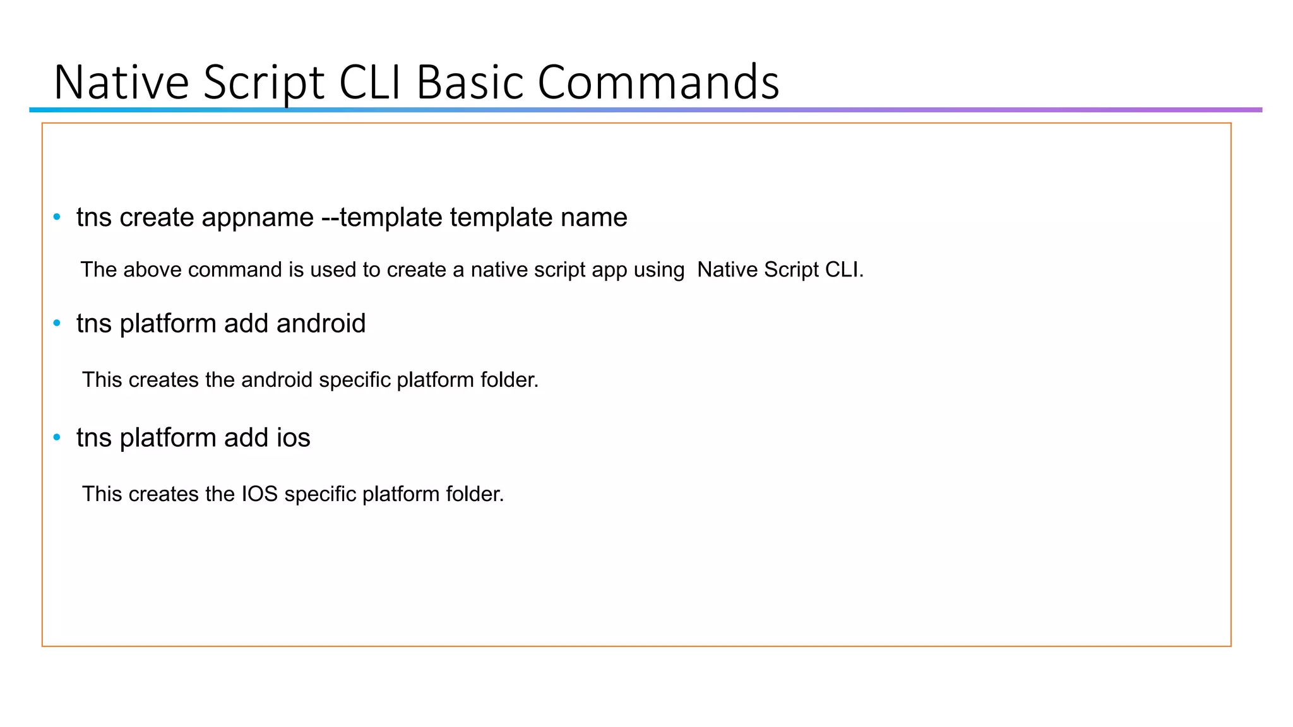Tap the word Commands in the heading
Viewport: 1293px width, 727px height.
658,82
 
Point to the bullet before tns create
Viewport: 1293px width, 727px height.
57,217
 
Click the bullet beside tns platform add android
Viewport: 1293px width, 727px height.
57,323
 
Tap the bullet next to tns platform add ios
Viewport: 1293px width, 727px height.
57,437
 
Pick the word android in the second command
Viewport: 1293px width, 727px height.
321,324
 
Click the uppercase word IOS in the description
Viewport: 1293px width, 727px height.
259,494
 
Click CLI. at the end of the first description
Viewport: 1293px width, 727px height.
843,269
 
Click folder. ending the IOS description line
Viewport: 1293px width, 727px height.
475,494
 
